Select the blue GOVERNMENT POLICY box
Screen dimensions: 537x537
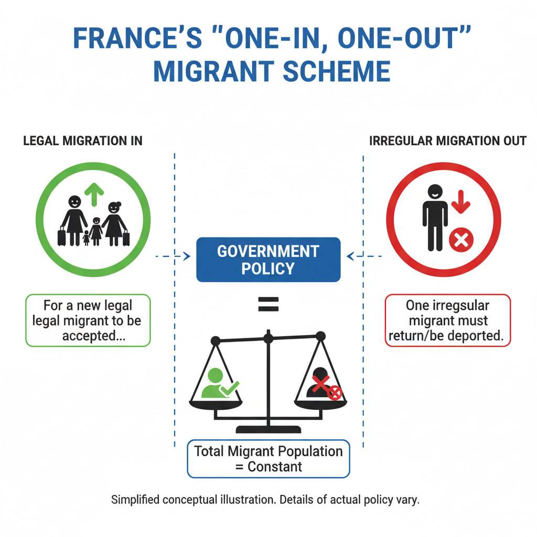click(x=268, y=260)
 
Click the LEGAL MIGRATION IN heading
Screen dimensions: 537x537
click(x=83, y=141)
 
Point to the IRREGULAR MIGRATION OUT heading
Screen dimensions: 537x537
click(x=448, y=141)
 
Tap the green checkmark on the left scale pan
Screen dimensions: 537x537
click(x=229, y=388)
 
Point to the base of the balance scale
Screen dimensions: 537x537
click(x=268, y=429)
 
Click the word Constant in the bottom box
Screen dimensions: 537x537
click(x=276, y=466)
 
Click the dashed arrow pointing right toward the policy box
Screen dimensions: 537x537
click(x=173, y=256)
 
